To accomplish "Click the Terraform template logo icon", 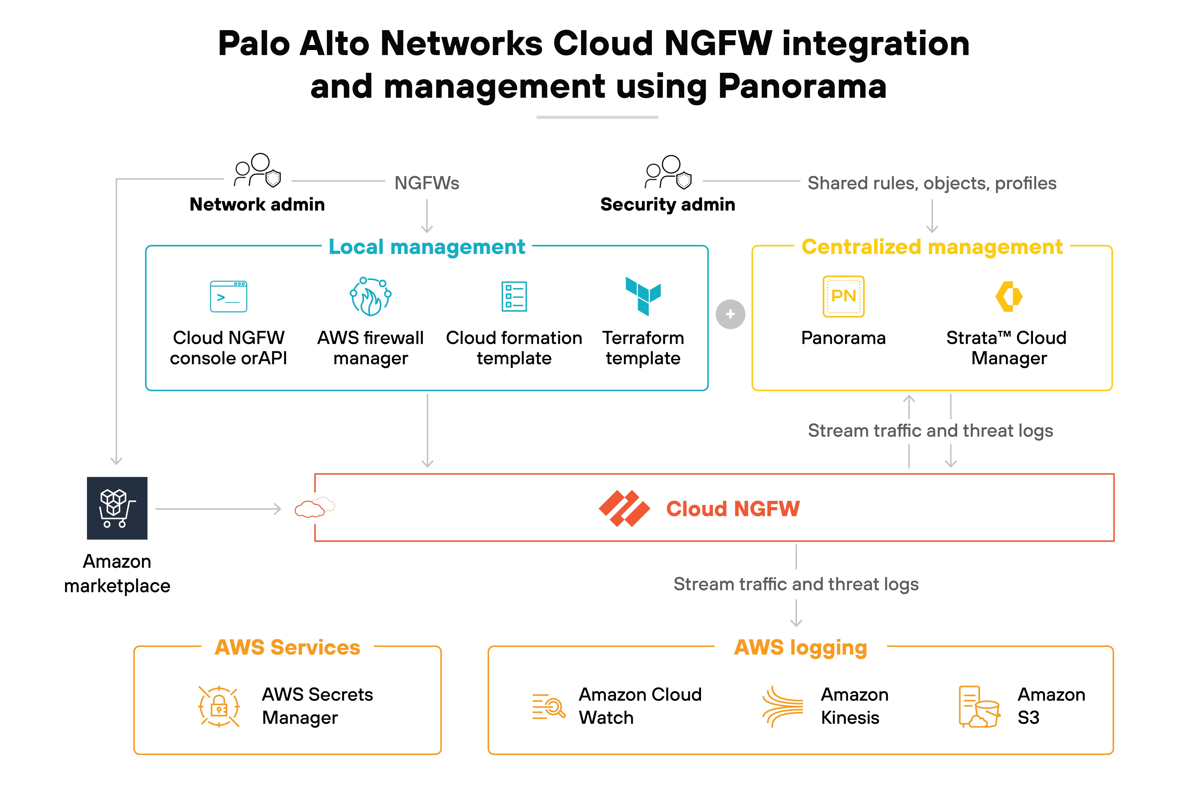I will pos(643,296).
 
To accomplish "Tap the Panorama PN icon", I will pos(843,296).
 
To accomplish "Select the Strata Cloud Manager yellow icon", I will pos(1008,296).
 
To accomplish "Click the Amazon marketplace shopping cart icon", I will pos(117,508).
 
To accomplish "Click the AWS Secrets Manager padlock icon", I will pos(219,706).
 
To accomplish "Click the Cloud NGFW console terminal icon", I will pos(228,296).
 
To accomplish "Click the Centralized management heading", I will pos(932,247).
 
